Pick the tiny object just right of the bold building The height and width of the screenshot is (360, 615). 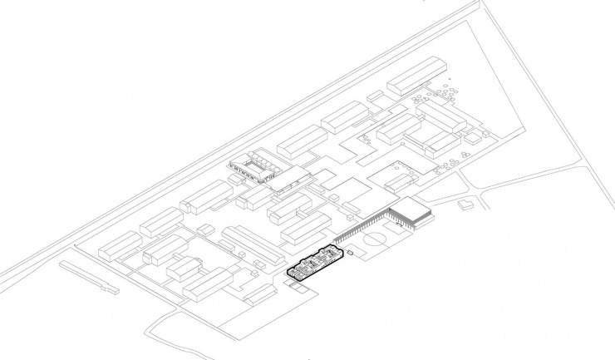(x=351, y=251)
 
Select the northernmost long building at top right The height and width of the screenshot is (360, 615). (x=417, y=75)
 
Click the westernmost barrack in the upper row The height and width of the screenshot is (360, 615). (x=120, y=244)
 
